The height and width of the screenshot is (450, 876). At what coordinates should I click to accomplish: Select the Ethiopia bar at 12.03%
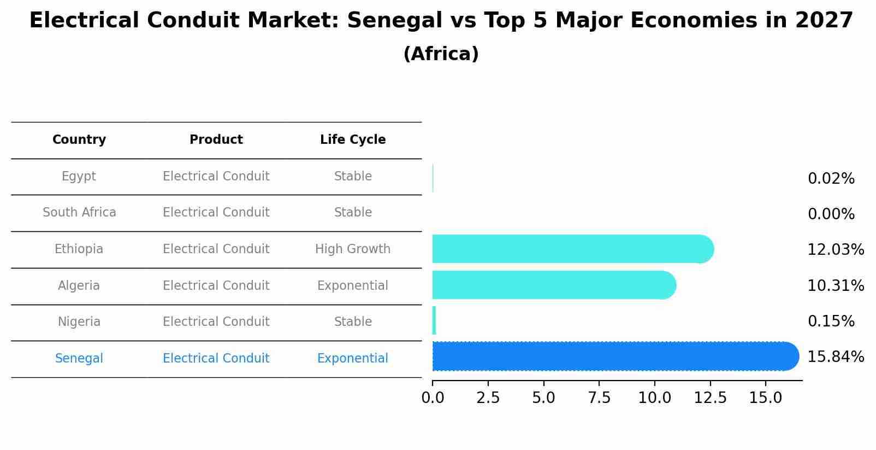pos(572,249)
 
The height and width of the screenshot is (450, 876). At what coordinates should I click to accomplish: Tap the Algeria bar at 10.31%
pos(554,285)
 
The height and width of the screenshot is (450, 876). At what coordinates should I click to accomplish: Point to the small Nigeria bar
pos(434,320)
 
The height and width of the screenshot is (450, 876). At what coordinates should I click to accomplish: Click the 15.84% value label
pos(835,357)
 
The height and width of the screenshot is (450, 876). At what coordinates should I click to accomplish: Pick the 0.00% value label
pos(831,214)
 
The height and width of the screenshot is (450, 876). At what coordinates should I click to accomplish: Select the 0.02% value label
pos(831,179)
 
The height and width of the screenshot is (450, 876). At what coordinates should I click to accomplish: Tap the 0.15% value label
pos(831,322)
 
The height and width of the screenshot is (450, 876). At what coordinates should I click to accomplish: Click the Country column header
pos(79,140)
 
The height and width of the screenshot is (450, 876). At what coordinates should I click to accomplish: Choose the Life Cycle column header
pos(353,140)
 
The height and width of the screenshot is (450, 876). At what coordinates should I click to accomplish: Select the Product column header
pos(216,140)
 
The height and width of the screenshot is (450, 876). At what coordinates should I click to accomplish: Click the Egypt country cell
pos(79,177)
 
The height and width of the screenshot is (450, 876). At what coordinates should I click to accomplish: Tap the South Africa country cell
pos(79,213)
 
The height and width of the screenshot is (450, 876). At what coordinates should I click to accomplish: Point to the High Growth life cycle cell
pos(353,249)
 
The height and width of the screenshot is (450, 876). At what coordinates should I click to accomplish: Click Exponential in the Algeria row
pos(353,286)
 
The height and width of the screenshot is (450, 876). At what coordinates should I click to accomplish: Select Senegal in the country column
pos(79,359)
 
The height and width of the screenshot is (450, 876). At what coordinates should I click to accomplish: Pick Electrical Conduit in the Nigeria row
pos(216,322)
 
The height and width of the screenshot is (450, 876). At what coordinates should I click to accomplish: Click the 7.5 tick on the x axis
pos(599,398)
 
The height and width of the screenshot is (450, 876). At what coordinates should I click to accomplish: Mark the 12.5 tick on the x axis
pos(710,398)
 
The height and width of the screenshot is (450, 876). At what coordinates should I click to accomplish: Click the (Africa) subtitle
pos(441,54)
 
